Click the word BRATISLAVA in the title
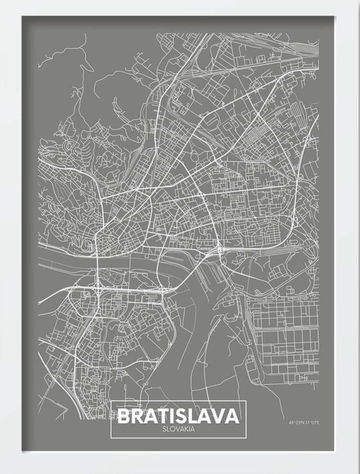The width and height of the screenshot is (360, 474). point(178,415)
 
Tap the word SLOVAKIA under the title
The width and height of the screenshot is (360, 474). point(178,429)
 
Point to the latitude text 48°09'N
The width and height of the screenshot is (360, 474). point(296,423)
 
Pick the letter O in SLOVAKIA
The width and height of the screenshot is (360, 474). point(172,429)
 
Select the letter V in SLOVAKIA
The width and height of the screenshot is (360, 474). point(178,429)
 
